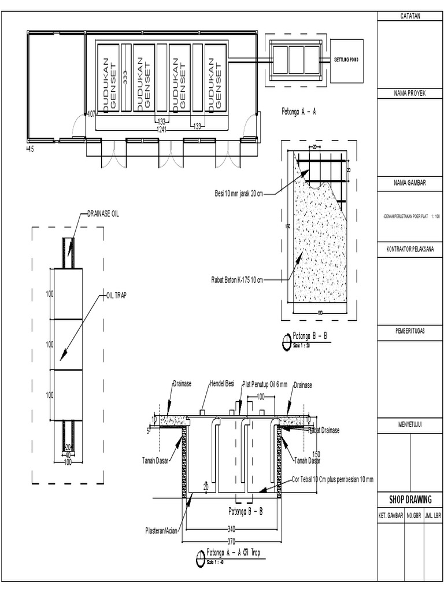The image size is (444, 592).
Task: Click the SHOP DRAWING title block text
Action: [x=409, y=499]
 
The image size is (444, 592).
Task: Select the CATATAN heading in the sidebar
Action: [x=409, y=16]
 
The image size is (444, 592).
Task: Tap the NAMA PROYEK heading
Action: [x=409, y=93]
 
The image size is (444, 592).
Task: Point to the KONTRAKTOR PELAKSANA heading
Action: [x=409, y=250]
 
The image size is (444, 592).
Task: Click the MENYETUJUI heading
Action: [x=409, y=425]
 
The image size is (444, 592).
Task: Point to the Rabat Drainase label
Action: [x=323, y=430]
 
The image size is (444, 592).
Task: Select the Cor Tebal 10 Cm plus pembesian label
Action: [x=332, y=479]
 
